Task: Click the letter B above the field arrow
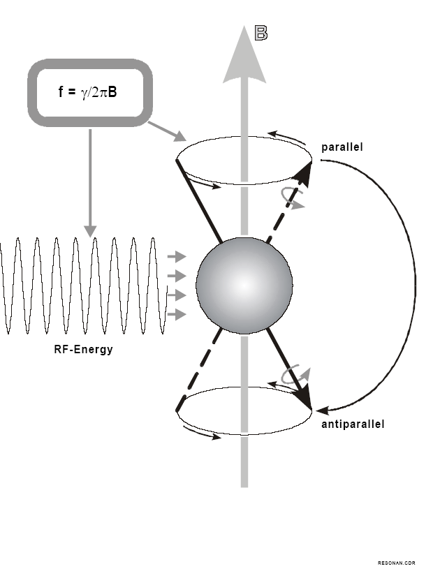coord(261,33)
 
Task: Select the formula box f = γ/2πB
coord(89,92)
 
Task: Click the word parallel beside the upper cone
coord(342,147)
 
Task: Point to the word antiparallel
coord(353,424)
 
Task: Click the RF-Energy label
coord(83,349)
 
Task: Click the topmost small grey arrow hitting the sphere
coord(177,257)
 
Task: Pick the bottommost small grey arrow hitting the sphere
coord(177,315)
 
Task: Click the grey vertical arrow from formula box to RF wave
coord(89,182)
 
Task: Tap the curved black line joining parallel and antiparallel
coord(415,283)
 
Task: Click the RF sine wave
coord(84,286)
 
